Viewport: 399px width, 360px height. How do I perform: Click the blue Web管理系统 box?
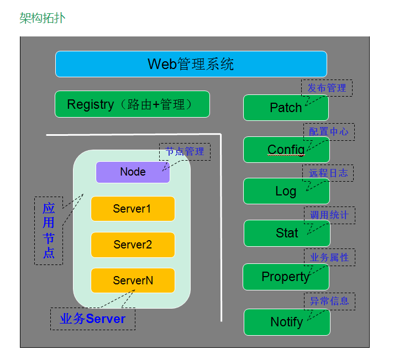191,64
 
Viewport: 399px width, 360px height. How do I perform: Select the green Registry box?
132,104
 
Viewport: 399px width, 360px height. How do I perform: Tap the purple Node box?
133,172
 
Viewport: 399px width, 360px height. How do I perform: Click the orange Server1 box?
133,209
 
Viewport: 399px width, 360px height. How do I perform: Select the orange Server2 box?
133,245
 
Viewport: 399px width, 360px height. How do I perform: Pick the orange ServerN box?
133,280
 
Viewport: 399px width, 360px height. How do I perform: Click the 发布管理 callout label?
327,88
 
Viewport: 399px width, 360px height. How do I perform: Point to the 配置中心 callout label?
329,131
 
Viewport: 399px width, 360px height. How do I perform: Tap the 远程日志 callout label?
328,173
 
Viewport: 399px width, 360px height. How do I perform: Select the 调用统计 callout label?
329,215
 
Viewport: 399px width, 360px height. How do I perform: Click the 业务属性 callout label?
329,257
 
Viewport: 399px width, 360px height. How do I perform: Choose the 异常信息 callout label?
329,301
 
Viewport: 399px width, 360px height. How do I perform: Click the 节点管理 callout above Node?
185,151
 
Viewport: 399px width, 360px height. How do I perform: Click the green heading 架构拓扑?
42,18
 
